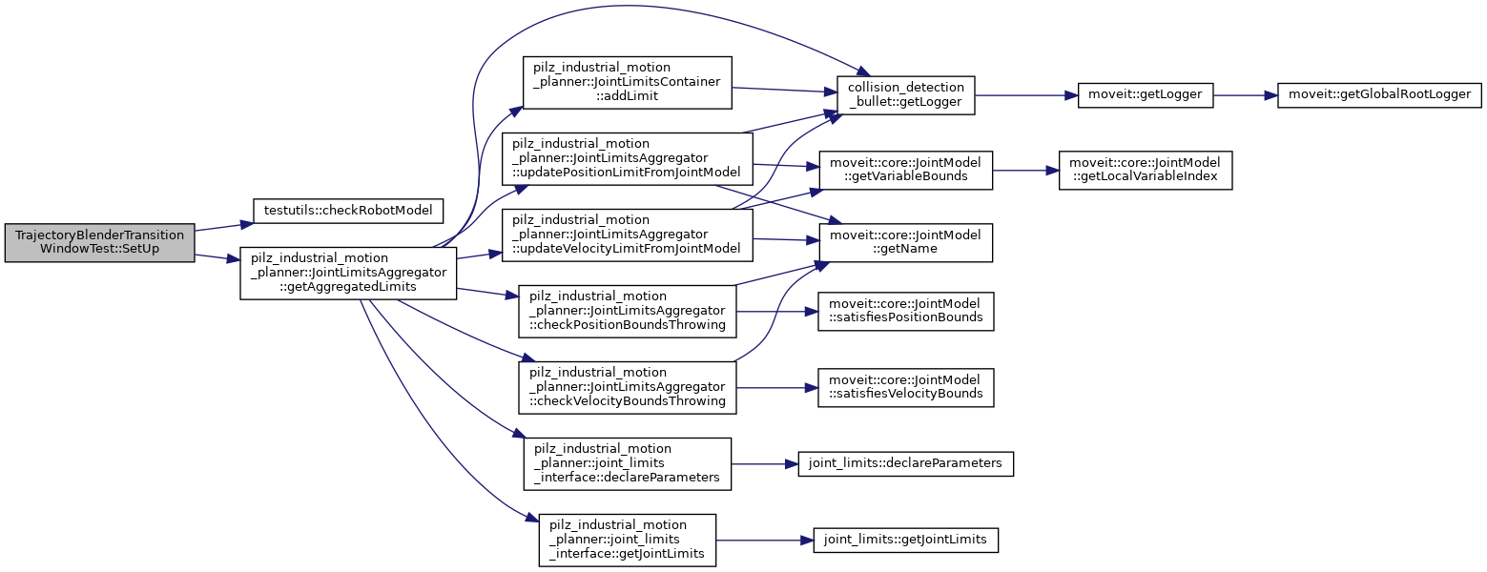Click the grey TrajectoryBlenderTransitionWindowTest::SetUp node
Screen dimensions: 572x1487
pyautogui.click(x=100, y=243)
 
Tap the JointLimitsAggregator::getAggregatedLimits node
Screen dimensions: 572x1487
pyautogui.click(x=348, y=273)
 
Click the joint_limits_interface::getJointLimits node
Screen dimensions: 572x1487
pyautogui.click(x=628, y=540)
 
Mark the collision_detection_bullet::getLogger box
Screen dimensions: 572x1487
pyautogui.click(x=905, y=95)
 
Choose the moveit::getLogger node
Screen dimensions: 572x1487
pyautogui.click(x=1145, y=95)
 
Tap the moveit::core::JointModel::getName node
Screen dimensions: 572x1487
pyautogui.click(x=905, y=242)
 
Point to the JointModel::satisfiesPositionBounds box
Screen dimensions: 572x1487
pyautogui.click(x=905, y=311)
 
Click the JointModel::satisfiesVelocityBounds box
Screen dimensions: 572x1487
pyautogui.click(x=905, y=387)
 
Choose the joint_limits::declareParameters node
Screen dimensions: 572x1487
pyautogui.click(x=905, y=463)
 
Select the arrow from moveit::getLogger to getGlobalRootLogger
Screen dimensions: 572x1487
pyautogui.click(x=1245, y=95)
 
